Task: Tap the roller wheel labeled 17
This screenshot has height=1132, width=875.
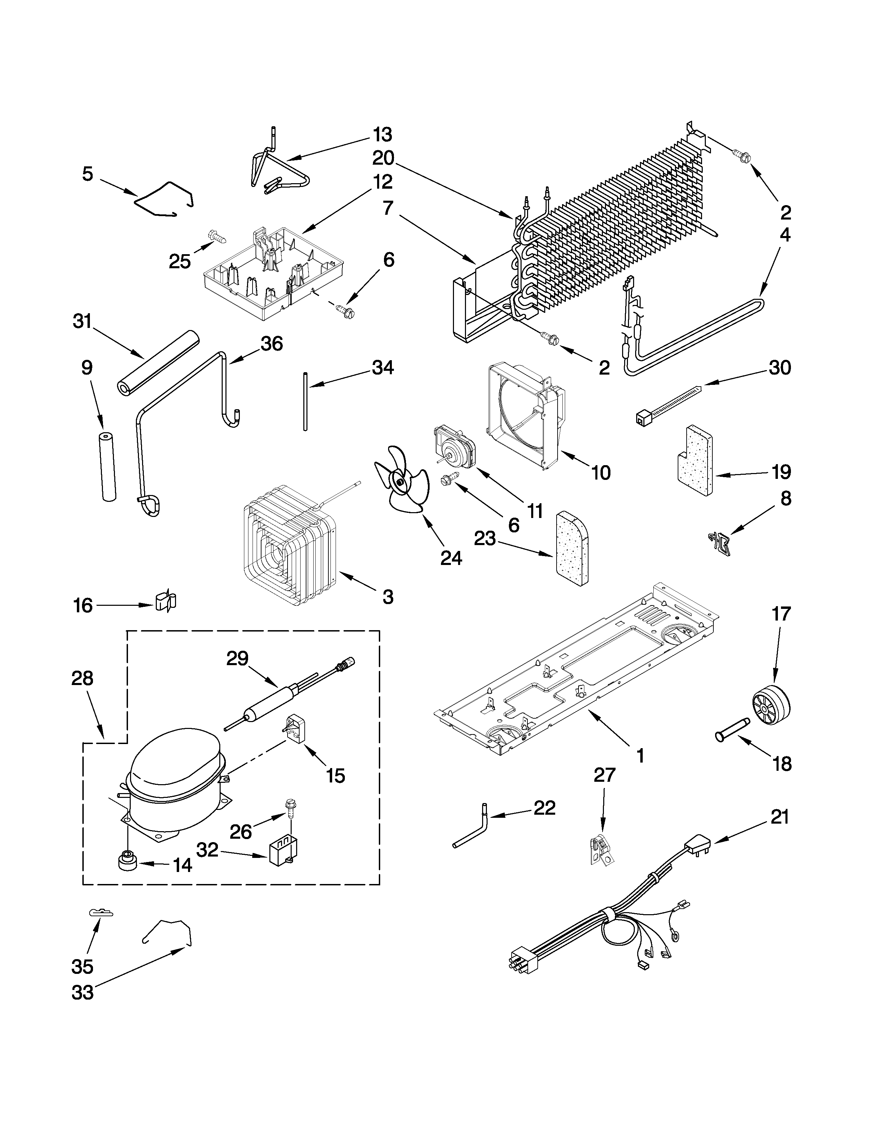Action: [x=771, y=707]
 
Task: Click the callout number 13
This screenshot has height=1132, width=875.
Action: [x=383, y=135]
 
